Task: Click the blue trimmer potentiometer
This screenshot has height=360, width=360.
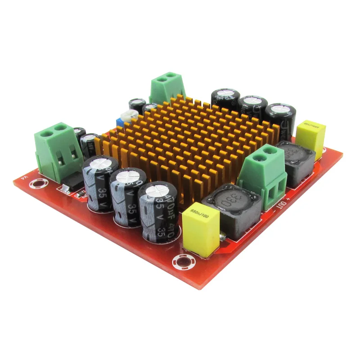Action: pyautogui.click(x=120, y=121)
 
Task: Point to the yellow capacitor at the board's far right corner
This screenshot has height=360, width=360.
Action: pyautogui.click(x=311, y=138)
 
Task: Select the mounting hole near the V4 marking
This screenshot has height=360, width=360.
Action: pyautogui.click(x=38, y=183)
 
